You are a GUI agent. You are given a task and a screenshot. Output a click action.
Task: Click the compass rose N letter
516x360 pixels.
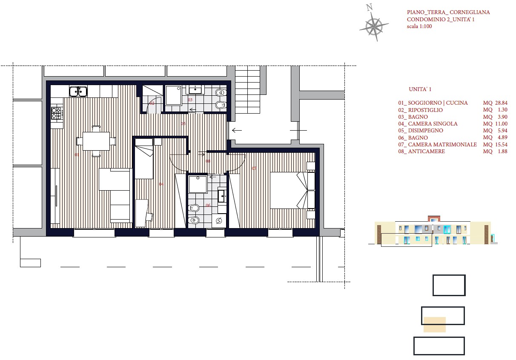(x=370, y=7)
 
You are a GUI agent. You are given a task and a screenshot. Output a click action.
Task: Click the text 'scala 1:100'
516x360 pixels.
(x=419, y=26)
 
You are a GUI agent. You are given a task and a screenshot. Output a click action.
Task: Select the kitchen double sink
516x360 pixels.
(x=78, y=91)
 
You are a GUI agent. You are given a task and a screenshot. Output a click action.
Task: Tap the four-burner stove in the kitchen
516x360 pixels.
(x=57, y=113)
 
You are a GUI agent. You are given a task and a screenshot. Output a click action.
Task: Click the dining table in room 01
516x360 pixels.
(x=96, y=141)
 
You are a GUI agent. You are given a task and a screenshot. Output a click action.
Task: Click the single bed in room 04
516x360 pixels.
(x=144, y=159)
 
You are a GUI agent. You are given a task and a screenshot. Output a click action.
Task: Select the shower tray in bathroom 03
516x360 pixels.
(x=173, y=95)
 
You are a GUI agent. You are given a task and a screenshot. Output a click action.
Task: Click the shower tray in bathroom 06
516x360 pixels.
(x=198, y=184)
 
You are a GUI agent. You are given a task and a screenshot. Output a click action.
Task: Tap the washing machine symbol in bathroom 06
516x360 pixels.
(x=218, y=221)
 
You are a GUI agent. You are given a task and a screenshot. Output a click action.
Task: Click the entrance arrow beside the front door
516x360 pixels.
(x=237, y=130)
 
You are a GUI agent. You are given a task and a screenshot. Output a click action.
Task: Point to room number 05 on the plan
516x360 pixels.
(x=183, y=123)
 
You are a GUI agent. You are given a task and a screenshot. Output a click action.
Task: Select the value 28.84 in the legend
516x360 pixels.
(x=501, y=103)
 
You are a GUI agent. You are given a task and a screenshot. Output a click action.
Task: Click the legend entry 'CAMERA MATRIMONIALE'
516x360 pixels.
(x=442, y=145)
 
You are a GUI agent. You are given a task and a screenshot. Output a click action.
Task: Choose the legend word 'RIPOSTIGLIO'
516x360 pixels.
(x=425, y=110)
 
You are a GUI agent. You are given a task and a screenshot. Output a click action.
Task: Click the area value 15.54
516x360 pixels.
(x=501, y=145)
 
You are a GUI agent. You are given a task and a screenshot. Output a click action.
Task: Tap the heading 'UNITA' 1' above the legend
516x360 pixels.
(x=420, y=89)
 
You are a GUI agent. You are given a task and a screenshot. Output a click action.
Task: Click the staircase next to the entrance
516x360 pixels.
(x=248, y=89)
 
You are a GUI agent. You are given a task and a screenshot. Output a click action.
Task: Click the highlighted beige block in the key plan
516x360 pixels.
(x=434, y=325)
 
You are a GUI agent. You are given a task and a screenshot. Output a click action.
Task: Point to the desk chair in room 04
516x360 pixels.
(x=149, y=217)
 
